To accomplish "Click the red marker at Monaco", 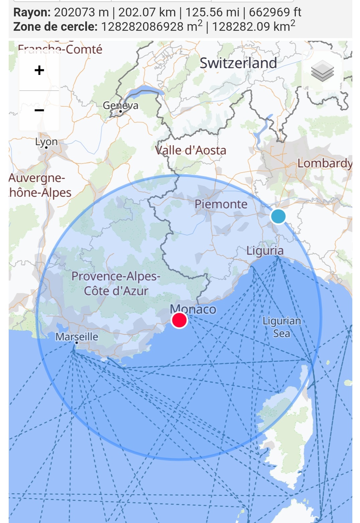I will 179,320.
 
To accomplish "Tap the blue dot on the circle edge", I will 278,216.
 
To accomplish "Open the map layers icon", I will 322,71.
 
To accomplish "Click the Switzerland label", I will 238,63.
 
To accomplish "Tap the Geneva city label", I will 120,106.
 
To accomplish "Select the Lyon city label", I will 46,142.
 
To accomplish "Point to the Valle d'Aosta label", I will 191,150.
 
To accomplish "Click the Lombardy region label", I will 324,163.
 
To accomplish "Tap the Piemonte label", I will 221,204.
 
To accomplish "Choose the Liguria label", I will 265,250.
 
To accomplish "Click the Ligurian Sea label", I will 281,327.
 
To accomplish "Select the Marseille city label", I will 77,336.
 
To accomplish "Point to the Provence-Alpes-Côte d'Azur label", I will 116,284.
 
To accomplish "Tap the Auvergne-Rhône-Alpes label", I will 38,185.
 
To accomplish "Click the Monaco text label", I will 193,309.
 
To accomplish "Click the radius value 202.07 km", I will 147,12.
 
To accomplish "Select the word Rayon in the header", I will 32,12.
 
